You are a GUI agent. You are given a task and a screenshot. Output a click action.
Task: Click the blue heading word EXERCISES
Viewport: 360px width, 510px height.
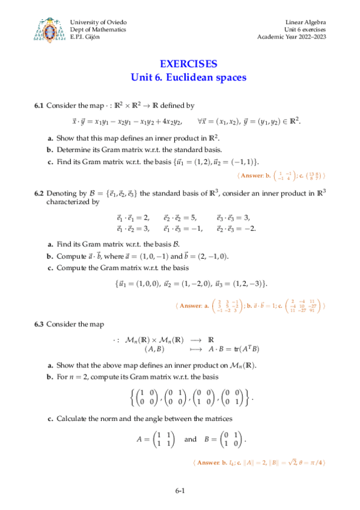coord(189,64)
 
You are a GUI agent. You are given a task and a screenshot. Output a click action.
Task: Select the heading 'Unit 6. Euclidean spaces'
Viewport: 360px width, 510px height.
coord(189,77)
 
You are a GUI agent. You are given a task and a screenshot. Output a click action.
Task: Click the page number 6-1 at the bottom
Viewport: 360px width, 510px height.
coord(180,491)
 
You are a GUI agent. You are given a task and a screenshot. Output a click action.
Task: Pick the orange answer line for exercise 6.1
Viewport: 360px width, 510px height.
coord(282,176)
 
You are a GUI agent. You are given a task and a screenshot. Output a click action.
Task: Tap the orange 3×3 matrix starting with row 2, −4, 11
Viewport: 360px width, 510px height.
coord(307,306)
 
